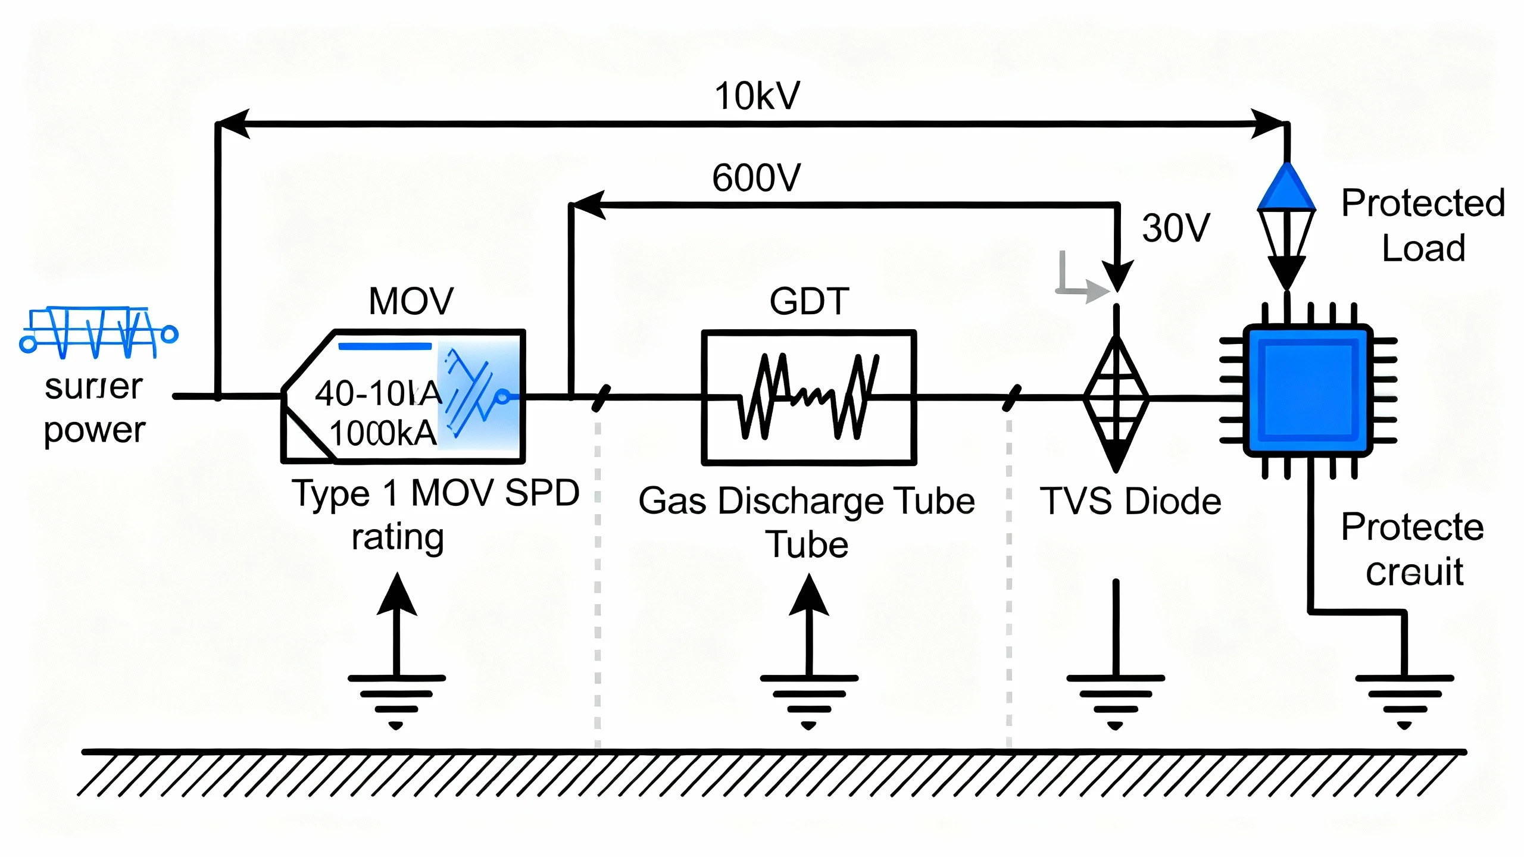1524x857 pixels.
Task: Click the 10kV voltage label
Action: (757, 96)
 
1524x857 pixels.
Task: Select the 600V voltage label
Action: (756, 178)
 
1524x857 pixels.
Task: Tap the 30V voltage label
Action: (1176, 228)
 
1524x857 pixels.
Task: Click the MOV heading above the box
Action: (411, 301)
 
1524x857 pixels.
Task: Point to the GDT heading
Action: (808, 301)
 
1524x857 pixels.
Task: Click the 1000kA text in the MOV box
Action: (382, 433)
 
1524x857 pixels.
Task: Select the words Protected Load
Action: (1423, 226)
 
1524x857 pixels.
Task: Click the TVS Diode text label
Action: (1130, 501)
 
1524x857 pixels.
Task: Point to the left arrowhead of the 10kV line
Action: (233, 124)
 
